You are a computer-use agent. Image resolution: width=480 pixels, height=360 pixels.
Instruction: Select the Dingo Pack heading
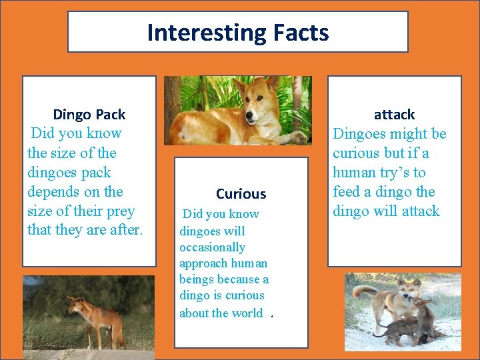[x=89, y=114]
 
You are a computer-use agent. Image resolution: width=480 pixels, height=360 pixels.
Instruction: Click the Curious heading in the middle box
[x=241, y=194]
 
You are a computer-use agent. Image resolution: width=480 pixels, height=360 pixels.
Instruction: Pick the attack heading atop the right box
[x=394, y=114]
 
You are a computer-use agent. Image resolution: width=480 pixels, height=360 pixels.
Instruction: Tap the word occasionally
[x=212, y=247]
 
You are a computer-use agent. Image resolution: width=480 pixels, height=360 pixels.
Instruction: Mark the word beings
[x=197, y=279]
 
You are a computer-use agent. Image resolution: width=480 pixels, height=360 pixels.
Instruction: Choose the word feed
[x=347, y=192]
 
